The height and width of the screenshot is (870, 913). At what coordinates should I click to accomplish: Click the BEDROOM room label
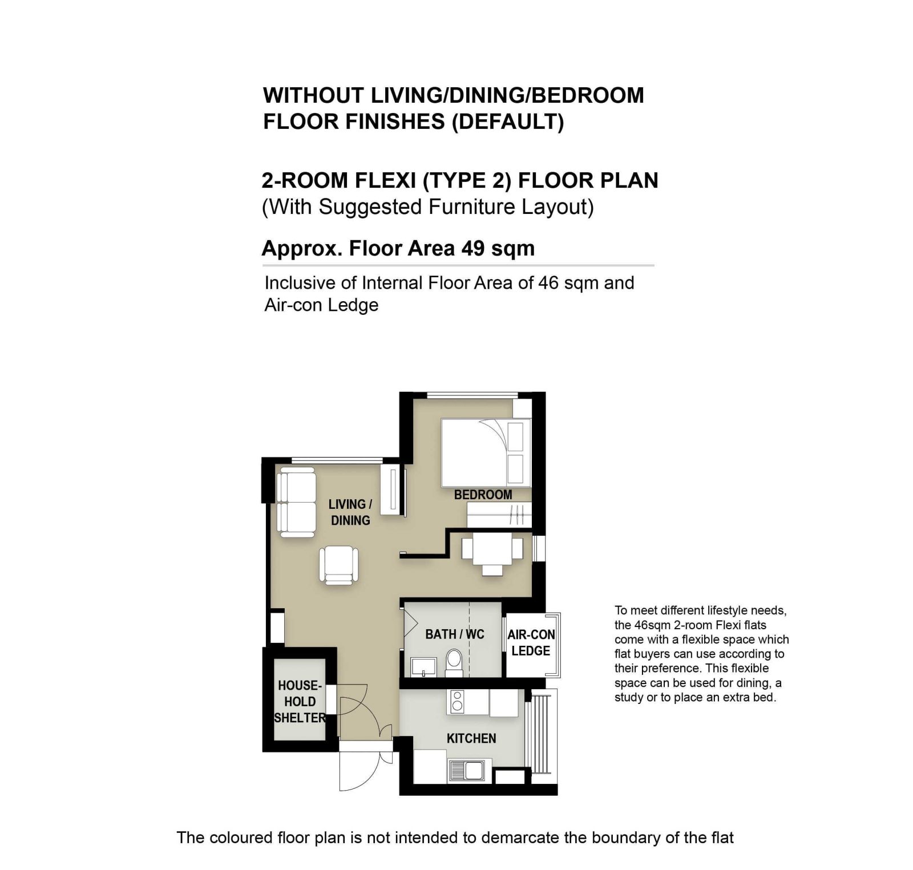[483, 495]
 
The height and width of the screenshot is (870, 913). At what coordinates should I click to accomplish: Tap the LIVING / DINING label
[350, 512]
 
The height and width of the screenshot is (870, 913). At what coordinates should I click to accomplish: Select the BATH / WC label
[455, 634]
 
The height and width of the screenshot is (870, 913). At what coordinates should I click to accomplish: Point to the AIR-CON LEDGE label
[531, 643]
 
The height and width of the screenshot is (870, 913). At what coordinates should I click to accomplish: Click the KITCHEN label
[471, 738]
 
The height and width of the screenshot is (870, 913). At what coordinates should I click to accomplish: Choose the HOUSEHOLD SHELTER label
[299, 701]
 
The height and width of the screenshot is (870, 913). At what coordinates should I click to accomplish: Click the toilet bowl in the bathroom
[454, 663]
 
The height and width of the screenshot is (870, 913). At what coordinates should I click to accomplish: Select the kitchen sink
[467, 771]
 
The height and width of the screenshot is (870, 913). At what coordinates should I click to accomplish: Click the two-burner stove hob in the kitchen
[457, 702]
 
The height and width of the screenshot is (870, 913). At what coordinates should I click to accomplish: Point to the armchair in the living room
[339, 565]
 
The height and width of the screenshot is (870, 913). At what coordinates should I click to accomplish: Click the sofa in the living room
[297, 502]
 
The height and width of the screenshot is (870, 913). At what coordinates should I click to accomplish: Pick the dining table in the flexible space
[492, 549]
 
